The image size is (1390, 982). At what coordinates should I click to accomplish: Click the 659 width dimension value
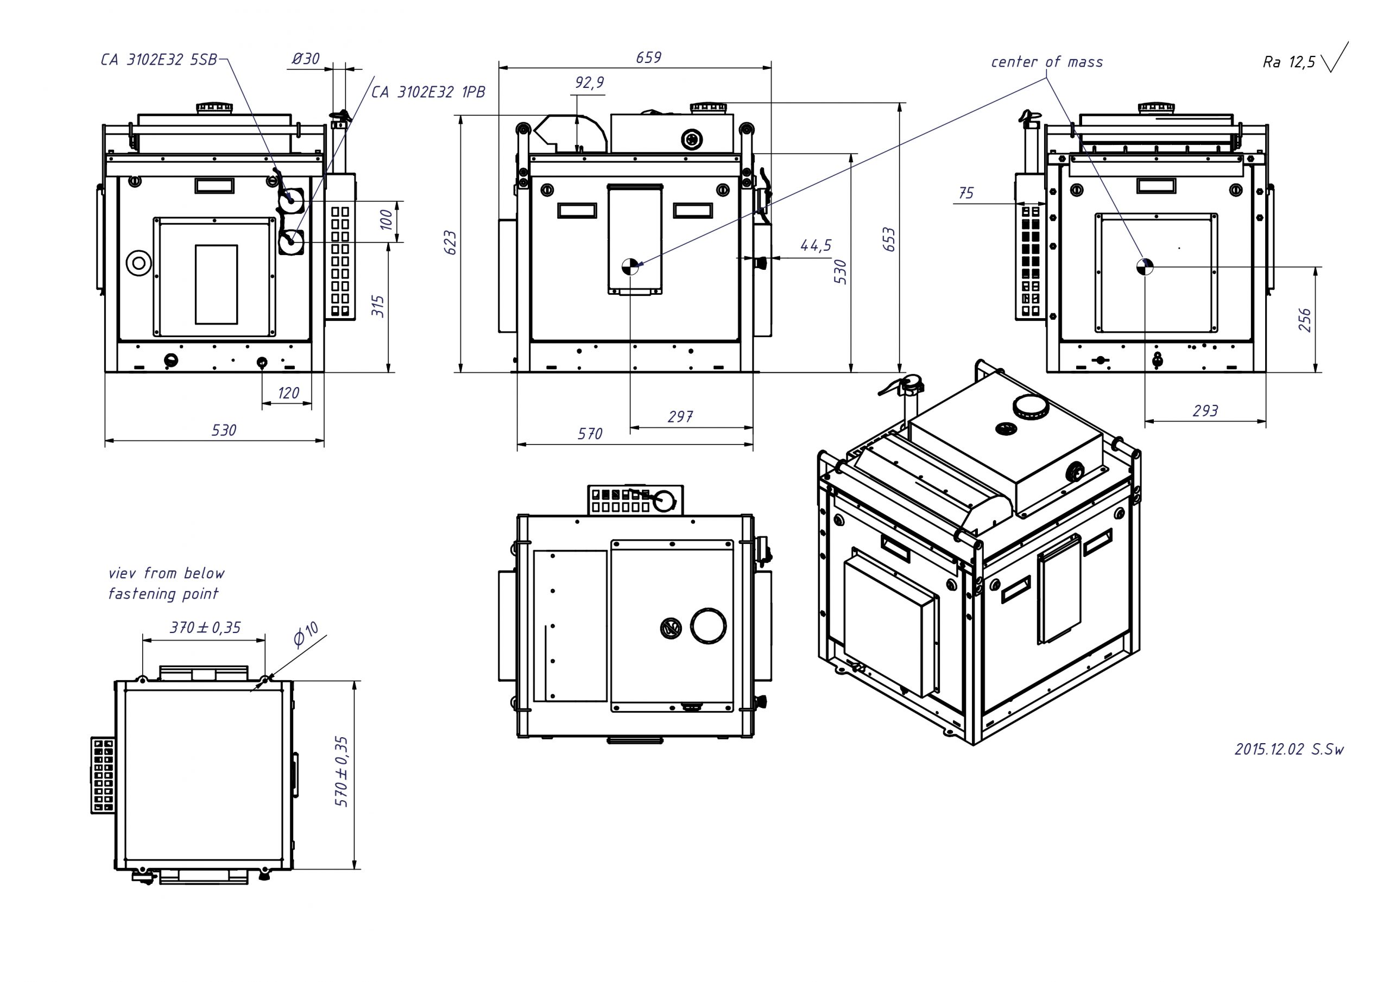pos(648,58)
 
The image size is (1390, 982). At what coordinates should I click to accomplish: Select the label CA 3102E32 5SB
pos(159,60)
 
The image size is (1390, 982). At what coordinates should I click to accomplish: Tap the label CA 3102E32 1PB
pos(428,92)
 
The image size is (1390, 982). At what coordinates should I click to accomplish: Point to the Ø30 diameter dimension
pos(306,59)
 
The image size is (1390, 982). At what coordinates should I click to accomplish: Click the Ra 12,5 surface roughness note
pos(1289,62)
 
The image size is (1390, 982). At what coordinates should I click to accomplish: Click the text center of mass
pos(1047,62)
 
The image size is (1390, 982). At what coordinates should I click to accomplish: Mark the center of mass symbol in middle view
pos(630,267)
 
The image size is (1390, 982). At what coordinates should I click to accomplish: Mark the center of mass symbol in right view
pos(1145,267)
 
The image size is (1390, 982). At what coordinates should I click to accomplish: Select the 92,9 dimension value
pos(589,83)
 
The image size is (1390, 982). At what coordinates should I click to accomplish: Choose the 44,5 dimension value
pos(816,245)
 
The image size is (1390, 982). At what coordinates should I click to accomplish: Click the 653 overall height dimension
pos(889,239)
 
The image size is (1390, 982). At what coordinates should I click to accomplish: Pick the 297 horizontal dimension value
pos(680,416)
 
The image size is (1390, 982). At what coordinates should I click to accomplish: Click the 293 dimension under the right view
pos(1205,411)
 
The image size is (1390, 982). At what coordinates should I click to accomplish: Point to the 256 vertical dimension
pos(1305,320)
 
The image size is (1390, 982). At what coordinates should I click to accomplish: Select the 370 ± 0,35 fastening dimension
pos(205,627)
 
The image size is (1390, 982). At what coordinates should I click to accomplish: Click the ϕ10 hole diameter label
pos(306,635)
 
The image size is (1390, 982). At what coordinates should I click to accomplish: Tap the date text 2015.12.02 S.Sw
pos(1289,749)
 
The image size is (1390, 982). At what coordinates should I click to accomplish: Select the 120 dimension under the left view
pos(288,393)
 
